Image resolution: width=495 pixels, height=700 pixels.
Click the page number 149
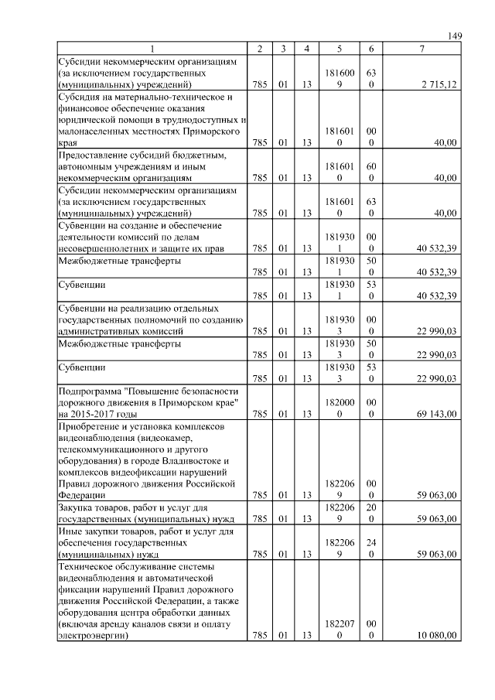(x=454, y=36)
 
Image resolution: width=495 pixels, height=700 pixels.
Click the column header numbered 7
(x=421, y=49)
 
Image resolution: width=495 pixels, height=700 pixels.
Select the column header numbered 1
(x=152, y=49)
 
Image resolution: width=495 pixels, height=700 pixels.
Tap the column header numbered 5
(x=340, y=49)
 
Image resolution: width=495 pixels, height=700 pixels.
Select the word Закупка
(x=77, y=507)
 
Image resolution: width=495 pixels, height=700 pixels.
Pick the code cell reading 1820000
(x=340, y=408)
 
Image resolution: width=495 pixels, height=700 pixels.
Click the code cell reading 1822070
(x=340, y=629)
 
